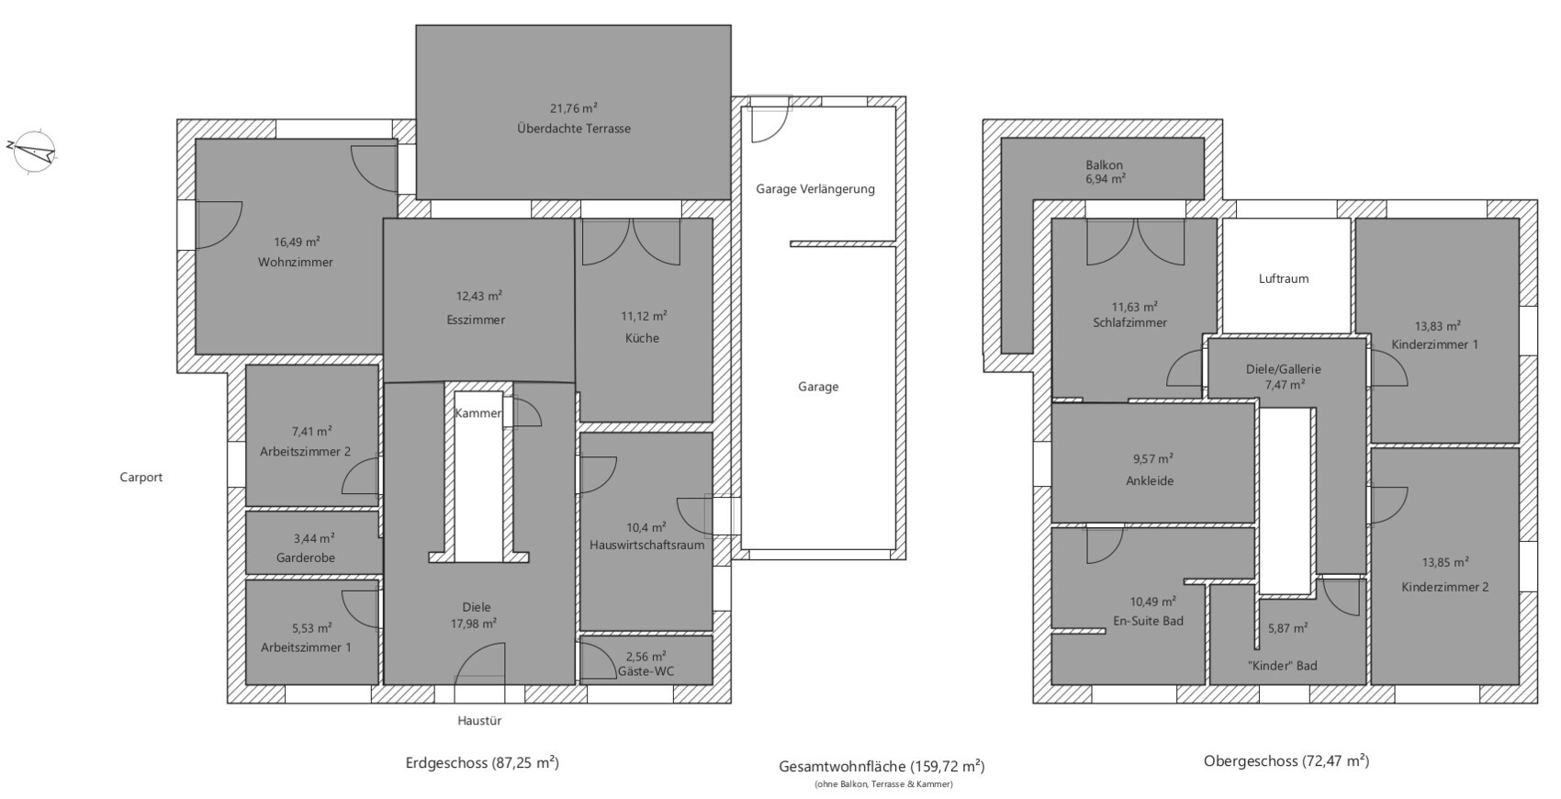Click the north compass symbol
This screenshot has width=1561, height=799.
[x=32, y=152]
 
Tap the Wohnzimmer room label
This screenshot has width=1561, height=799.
[x=296, y=262]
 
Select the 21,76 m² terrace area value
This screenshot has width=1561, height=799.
[x=574, y=108]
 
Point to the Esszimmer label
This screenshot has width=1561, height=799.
[x=476, y=320]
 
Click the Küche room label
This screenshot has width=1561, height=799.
[x=642, y=338]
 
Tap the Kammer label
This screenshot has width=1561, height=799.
[x=478, y=412]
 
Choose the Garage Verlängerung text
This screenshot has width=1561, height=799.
[x=815, y=189]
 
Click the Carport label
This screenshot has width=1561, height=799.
[x=140, y=478]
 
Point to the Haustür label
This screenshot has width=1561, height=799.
[x=479, y=721]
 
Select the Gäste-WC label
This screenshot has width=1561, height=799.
[x=646, y=671]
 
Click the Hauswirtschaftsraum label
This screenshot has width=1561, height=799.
[x=646, y=546]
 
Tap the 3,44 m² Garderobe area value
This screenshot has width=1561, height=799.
[x=314, y=538]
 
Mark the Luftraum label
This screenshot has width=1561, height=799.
[x=1284, y=279]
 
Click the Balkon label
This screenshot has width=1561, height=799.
[x=1104, y=165]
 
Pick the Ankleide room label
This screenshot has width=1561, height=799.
[x=1150, y=481]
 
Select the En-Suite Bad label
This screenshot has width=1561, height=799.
[x=1148, y=621]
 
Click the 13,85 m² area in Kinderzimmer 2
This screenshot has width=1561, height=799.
[x=1445, y=562]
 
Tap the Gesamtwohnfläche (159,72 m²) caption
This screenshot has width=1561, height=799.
[x=882, y=767]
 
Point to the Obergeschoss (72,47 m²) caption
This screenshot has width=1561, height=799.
[x=1286, y=761]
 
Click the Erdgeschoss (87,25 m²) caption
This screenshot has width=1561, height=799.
[x=482, y=763]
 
